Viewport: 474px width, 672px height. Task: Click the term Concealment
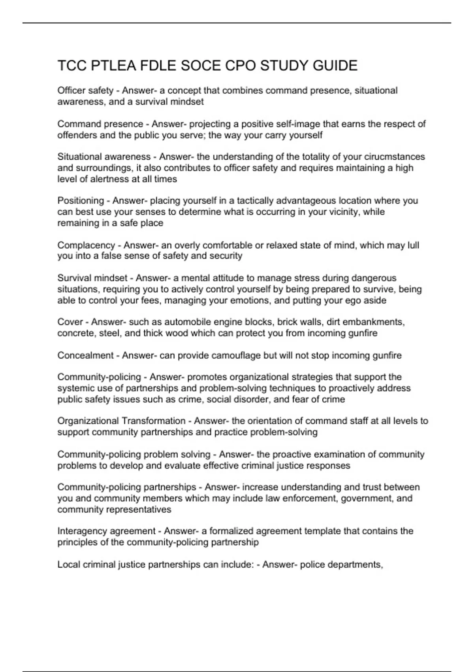click(85, 355)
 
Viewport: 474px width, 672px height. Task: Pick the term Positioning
click(81, 201)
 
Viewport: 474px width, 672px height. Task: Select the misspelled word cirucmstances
click(395, 157)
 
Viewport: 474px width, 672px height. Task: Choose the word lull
click(413, 245)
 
